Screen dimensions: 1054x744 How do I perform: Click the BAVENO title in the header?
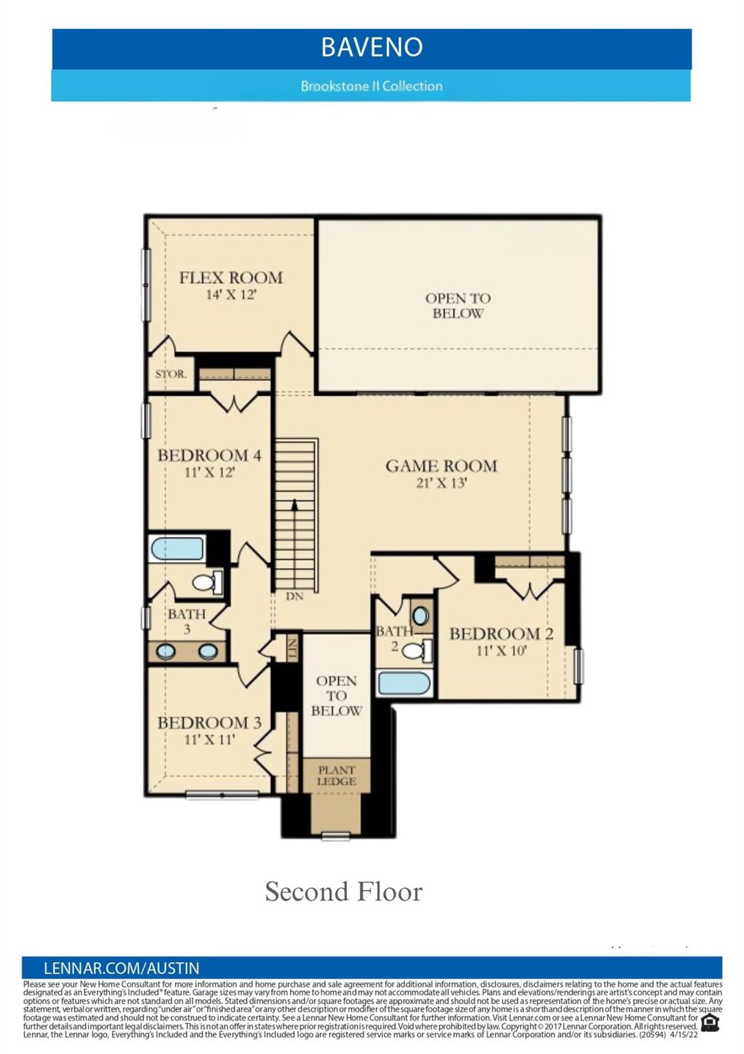(372, 47)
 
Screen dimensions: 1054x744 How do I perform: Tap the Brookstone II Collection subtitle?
(371, 86)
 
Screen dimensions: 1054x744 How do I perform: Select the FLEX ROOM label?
(231, 278)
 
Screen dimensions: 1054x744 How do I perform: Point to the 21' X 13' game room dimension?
(441, 483)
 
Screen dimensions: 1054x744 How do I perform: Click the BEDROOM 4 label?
(209, 456)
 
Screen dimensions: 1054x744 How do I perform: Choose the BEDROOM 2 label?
(501, 633)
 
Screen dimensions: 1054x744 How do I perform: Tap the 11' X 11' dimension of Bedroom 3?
(209, 740)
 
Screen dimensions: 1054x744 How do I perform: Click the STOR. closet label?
(170, 375)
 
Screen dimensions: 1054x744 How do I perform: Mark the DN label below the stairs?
(294, 596)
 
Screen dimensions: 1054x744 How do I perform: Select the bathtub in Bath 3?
(178, 549)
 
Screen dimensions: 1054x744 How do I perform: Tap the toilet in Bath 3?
(205, 583)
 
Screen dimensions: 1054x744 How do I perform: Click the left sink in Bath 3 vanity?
(166, 651)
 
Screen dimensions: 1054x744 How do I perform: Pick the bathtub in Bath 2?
(405, 683)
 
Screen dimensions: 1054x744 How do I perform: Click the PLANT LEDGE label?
(336, 776)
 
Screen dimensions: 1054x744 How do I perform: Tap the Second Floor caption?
(344, 892)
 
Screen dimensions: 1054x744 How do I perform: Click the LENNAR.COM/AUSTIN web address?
(121, 968)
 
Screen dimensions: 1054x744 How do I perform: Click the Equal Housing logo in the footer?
(710, 1023)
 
